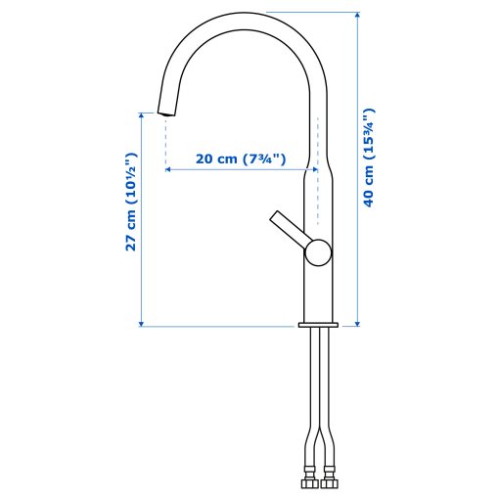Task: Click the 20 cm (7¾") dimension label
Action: pyautogui.click(x=240, y=159)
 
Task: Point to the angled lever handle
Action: pyautogui.click(x=288, y=231)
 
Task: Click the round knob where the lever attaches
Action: pyautogui.click(x=317, y=253)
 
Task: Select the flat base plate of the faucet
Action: pyautogui.click(x=317, y=323)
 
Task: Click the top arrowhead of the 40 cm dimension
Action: pyautogui.click(x=357, y=17)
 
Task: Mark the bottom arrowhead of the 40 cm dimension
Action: pyautogui.click(x=357, y=320)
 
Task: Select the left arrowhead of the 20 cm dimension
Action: pyautogui.click(x=169, y=169)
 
